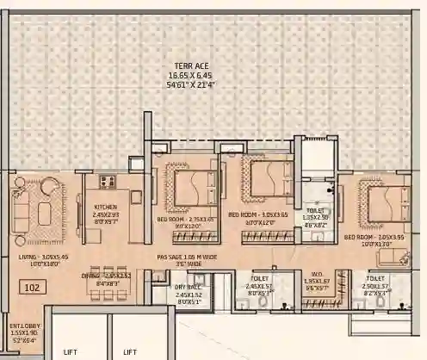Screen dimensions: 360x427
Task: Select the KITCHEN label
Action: coord(106,207)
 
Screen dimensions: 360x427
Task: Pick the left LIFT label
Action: coord(71,351)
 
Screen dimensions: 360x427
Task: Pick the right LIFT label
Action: coord(130,351)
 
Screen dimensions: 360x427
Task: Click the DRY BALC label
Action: coord(187,288)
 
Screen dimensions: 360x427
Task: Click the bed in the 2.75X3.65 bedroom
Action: coord(194,184)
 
